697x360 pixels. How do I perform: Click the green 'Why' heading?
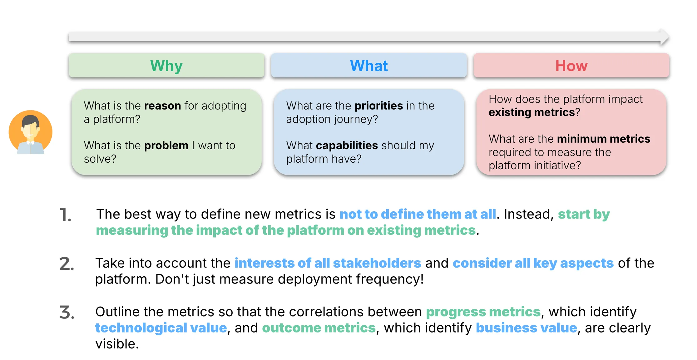(x=166, y=66)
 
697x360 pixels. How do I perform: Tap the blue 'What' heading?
(x=369, y=66)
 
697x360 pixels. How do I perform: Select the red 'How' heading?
(x=571, y=66)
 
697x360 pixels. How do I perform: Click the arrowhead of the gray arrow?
(x=665, y=37)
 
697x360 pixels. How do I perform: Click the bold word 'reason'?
(x=162, y=106)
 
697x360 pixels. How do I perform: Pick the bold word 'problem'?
(x=166, y=146)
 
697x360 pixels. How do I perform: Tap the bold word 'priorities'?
(x=378, y=106)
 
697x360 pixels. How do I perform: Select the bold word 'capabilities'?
(x=347, y=146)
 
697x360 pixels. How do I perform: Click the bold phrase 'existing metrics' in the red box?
(x=531, y=112)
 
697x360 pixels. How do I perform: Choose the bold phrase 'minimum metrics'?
(x=603, y=139)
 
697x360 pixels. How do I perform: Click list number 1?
(x=65, y=215)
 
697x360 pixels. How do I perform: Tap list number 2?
(x=67, y=264)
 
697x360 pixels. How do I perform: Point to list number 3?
(x=67, y=313)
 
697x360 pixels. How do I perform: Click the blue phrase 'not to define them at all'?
(x=418, y=214)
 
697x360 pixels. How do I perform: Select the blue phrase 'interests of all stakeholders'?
(x=328, y=263)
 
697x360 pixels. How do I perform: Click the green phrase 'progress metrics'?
(x=483, y=312)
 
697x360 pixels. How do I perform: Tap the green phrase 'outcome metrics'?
(x=319, y=328)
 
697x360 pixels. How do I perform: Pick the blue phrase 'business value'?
(x=526, y=328)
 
